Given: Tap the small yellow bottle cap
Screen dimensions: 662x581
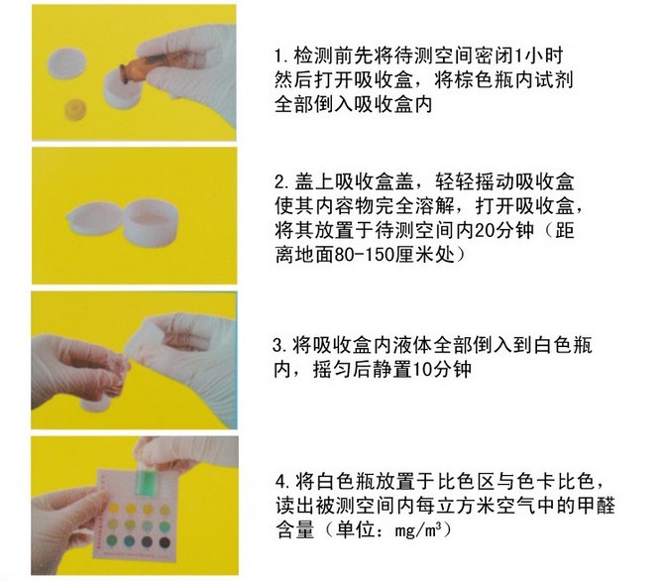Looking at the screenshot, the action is click(x=76, y=109).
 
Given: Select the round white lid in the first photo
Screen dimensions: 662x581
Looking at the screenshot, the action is click(x=66, y=64).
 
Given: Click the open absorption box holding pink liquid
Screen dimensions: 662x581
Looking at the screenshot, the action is click(x=152, y=222).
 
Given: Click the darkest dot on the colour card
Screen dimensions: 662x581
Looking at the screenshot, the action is click(x=165, y=542).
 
